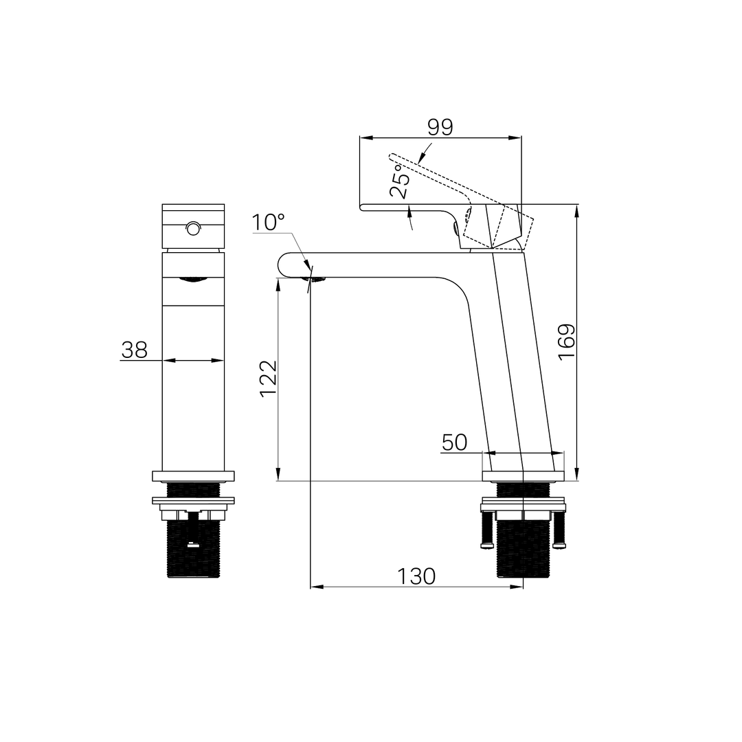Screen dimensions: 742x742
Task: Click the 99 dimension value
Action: point(440,127)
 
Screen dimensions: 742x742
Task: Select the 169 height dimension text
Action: point(566,342)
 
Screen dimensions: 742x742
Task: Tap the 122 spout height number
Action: point(269,379)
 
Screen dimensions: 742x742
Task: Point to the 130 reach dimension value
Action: point(416,576)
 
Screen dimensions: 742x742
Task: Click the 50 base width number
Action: point(454,442)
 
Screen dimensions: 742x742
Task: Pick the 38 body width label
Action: point(135,350)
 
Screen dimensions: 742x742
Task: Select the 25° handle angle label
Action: point(399,181)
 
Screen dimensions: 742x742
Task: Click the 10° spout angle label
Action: point(268,223)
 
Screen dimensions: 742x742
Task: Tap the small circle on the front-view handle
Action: point(193,229)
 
